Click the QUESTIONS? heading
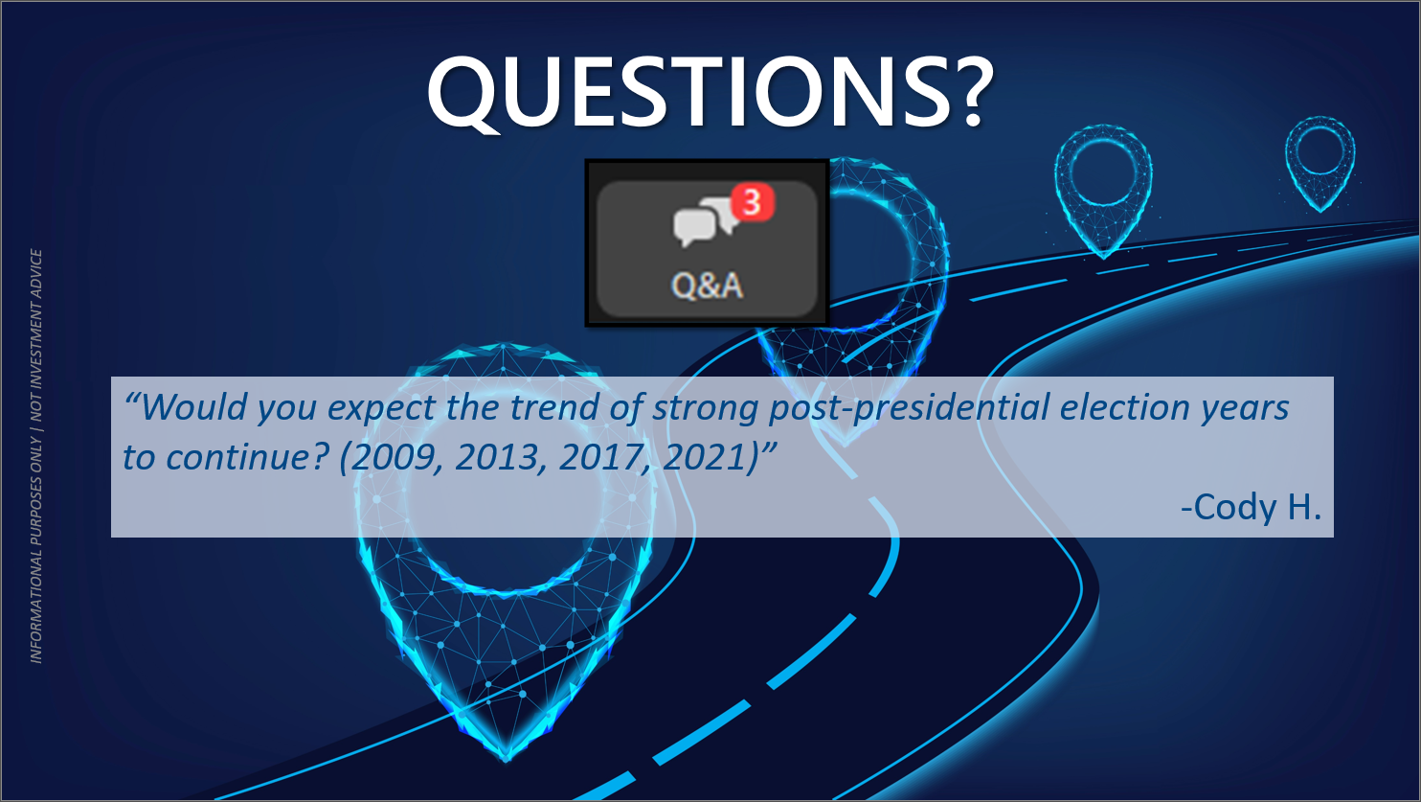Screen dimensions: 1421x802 (710, 91)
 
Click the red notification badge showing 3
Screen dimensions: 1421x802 (753, 202)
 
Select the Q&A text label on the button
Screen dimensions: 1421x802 (707, 286)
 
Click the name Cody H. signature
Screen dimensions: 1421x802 (1251, 508)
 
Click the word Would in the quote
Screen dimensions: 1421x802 (193, 407)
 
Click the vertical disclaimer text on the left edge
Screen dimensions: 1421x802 (36, 456)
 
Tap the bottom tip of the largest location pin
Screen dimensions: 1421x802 (507, 758)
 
